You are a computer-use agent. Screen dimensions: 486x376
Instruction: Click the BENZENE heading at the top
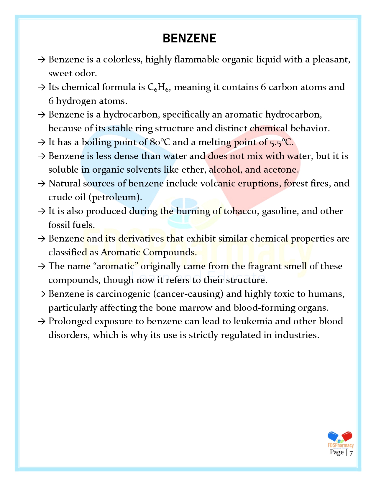(x=189, y=39)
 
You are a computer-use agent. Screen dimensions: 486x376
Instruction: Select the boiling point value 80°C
(x=160, y=142)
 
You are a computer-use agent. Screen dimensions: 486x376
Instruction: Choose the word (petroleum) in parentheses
(x=115, y=197)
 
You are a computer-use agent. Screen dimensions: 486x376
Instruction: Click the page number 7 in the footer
(x=351, y=453)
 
